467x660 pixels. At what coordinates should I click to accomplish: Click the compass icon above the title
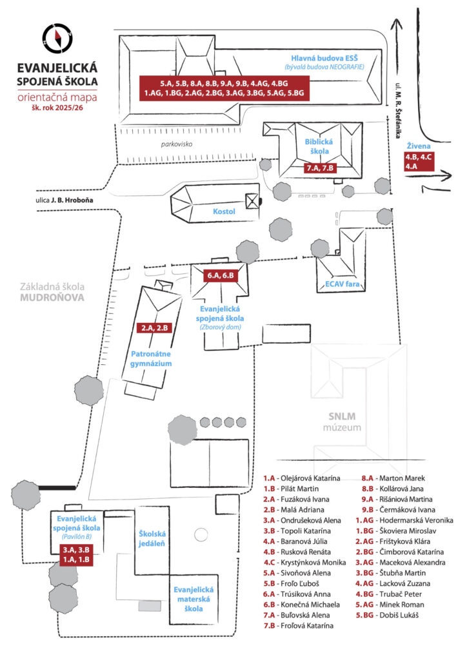[x=57, y=38]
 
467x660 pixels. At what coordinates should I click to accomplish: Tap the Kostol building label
[x=224, y=211]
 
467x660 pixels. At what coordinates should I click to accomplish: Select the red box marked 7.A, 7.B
[x=320, y=168]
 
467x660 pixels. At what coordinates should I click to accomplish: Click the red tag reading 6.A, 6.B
[x=220, y=276]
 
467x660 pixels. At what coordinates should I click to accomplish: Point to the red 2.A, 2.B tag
[x=155, y=327]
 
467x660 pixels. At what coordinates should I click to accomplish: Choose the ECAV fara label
[x=342, y=284]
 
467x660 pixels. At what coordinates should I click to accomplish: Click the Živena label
[x=419, y=146]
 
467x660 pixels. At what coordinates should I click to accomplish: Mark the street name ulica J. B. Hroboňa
[x=65, y=200]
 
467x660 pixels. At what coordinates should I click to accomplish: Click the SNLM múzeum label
[x=342, y=422]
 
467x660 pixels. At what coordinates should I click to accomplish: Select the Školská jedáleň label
[x=152, y=538]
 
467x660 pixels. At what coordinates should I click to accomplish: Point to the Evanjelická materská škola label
[x=194, y=599]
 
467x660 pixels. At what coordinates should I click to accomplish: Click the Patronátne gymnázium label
[x=151, y=358]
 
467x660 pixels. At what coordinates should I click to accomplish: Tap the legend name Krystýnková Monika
[x=313, y=562]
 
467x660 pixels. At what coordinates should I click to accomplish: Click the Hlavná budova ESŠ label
[x=324, y=59]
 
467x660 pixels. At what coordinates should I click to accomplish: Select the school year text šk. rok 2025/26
[x=57, y=108]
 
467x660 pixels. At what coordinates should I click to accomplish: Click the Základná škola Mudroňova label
[x=52, y=292]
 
